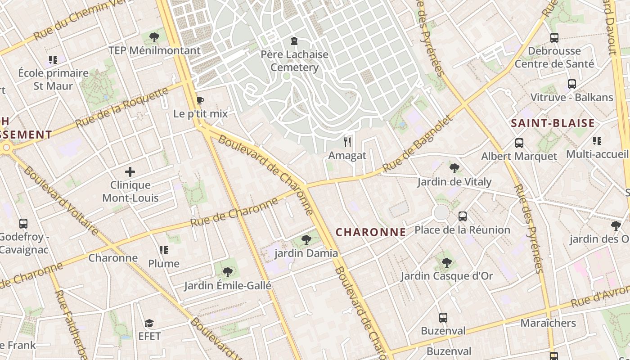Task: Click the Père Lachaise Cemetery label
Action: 295,61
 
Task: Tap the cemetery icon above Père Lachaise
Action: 294,41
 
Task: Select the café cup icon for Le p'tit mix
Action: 200,100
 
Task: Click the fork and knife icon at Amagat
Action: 347,142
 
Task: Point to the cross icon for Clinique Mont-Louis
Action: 130,171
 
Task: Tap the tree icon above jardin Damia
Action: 306,239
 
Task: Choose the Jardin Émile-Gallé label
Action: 228,285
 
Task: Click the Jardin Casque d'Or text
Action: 447,276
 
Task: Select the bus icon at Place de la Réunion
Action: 462,216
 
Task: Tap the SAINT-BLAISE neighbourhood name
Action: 553,123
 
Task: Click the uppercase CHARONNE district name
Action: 371,232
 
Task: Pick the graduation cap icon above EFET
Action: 149,323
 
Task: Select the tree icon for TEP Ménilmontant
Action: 154,37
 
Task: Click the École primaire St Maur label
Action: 53,79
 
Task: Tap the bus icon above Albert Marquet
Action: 519,143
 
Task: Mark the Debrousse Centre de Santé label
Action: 554,57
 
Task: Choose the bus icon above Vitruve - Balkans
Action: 571,84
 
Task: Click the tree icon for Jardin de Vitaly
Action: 454,168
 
